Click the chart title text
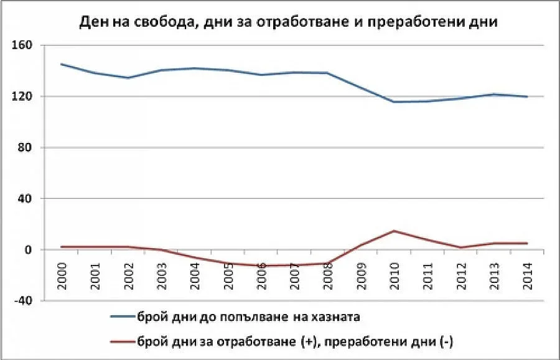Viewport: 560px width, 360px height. click(x=287, y=22)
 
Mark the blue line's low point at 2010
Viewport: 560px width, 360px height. click(x=394, y=102)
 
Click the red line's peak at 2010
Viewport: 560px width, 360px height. click(x=394, y=231)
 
